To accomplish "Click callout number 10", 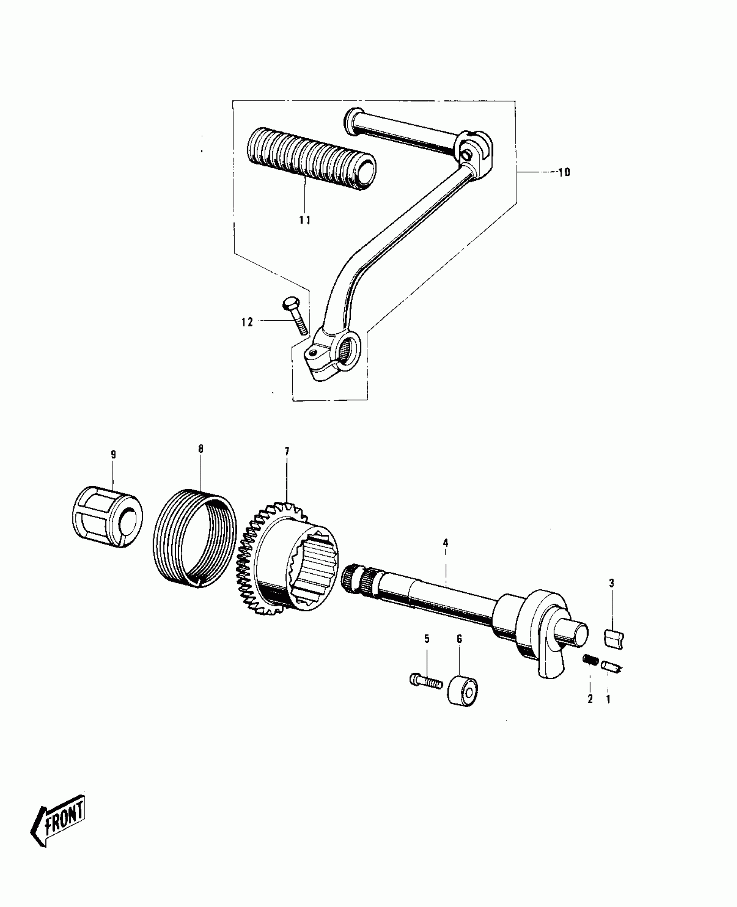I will pos(564,172).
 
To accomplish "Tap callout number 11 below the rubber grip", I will pos(305,220).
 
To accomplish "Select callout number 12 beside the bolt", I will pos(248,322).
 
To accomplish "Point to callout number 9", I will pos(113,455).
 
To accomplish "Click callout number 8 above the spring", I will pos(201,449).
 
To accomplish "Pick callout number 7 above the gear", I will pos(287,452).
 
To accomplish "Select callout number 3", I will pos(612,583).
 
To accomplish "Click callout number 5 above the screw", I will pos(427,639).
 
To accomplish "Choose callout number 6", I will pos(459,639).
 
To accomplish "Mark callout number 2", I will pos(590,699).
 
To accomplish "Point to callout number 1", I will pos(608,699).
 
